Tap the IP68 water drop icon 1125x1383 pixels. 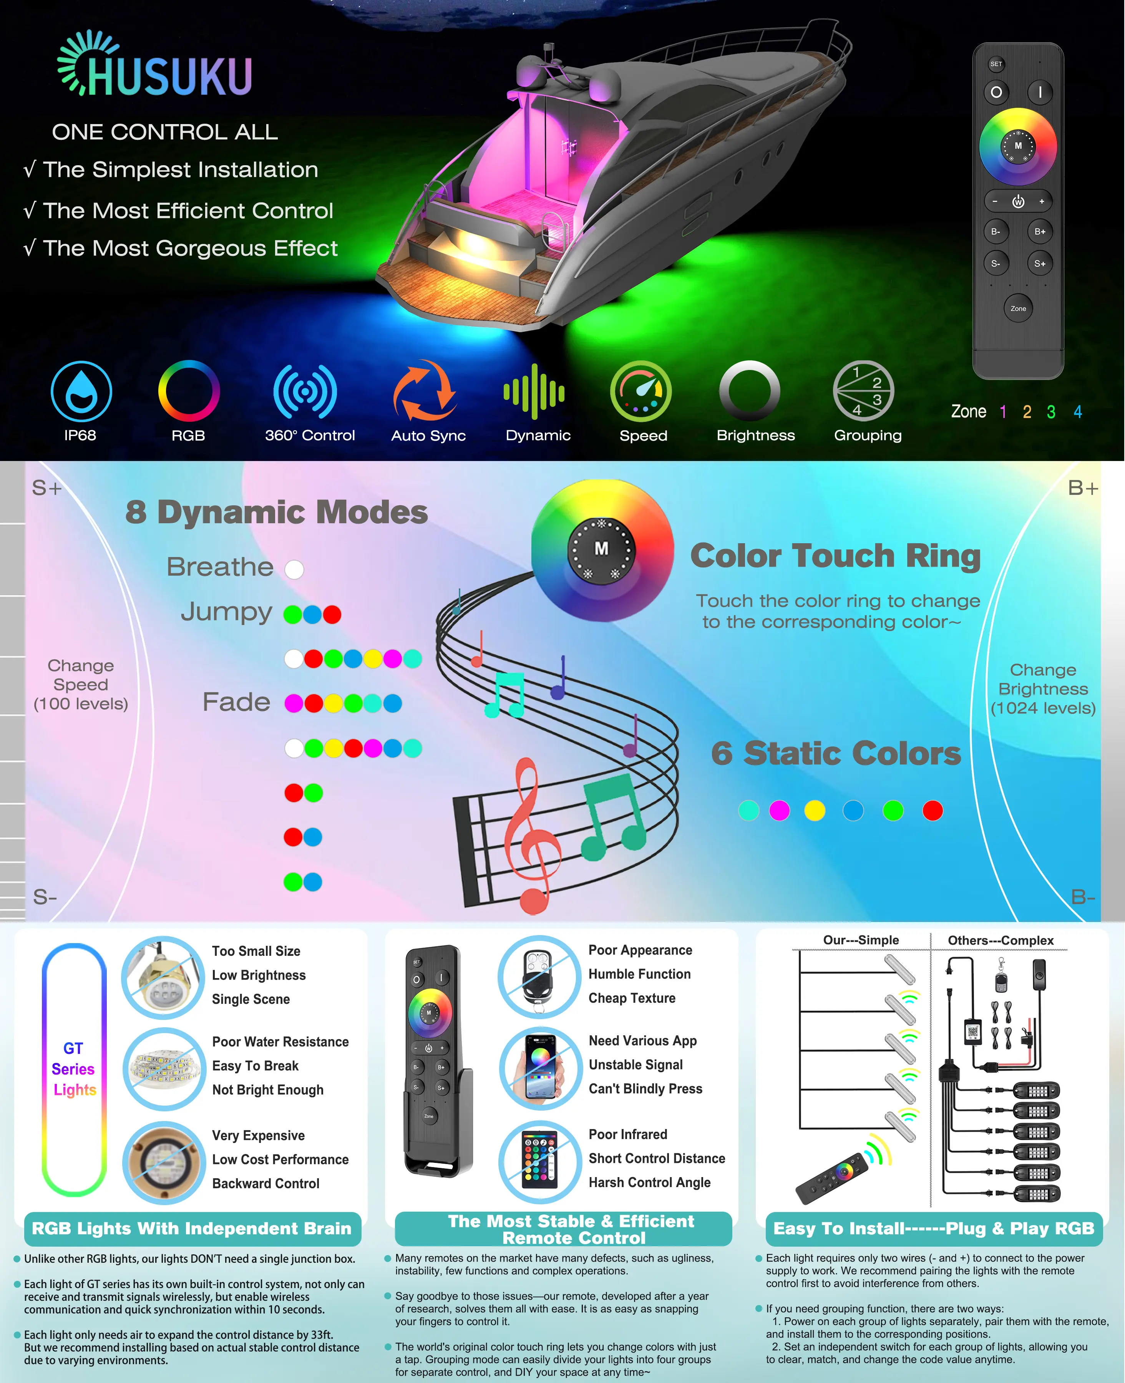coord(82,391)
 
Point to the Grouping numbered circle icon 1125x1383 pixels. coord(863,391)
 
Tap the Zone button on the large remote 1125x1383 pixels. coord(1018,308)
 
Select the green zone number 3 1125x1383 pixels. coord(1051,412)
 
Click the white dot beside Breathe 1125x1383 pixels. coord(294,569)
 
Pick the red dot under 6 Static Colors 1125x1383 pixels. coord(933,810)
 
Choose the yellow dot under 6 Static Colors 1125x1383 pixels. coord(815,810)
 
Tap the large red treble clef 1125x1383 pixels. coord(532,836)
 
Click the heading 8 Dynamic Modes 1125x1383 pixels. coord(277,512)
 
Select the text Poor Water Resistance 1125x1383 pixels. coord(280,1041)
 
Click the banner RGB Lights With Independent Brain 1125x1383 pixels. coord(192,1229)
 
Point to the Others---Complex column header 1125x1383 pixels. coord(1001,940)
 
